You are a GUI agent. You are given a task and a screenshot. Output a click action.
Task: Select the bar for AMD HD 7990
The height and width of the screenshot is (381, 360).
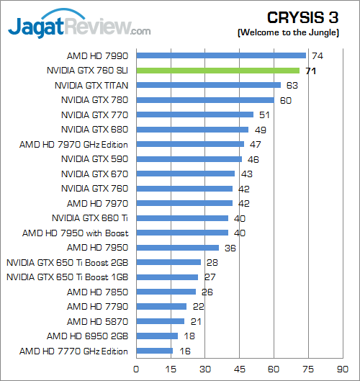(220, 55)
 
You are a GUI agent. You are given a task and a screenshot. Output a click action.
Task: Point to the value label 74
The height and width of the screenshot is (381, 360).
(315, 55)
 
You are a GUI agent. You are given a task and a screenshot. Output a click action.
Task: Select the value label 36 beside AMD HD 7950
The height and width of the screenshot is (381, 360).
(230, 248)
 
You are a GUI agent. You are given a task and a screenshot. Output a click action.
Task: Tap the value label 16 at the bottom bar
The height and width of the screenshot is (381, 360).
(184, 351)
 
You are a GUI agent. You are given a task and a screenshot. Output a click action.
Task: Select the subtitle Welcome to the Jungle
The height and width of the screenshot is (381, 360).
(294, 33)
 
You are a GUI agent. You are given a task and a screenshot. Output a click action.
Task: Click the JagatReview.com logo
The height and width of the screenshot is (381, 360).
(79, 27)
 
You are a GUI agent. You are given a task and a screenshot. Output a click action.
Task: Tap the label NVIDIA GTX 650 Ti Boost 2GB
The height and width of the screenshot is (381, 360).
(68, 263)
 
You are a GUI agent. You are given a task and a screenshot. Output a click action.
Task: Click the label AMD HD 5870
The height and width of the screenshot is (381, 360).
(97, 322)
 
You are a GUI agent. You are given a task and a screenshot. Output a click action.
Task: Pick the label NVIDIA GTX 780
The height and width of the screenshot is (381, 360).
(95, 100)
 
